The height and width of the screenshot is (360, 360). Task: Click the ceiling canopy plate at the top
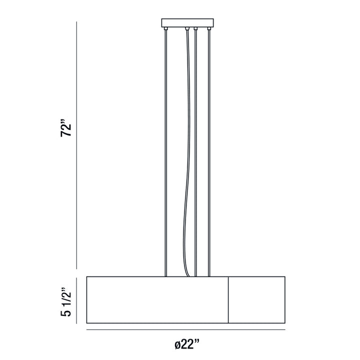[187, 23]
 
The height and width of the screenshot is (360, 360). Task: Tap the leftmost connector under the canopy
[166, 28]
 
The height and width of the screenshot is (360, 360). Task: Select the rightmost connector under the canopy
[209, 28]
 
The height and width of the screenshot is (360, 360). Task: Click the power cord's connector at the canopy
[187, 28]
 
